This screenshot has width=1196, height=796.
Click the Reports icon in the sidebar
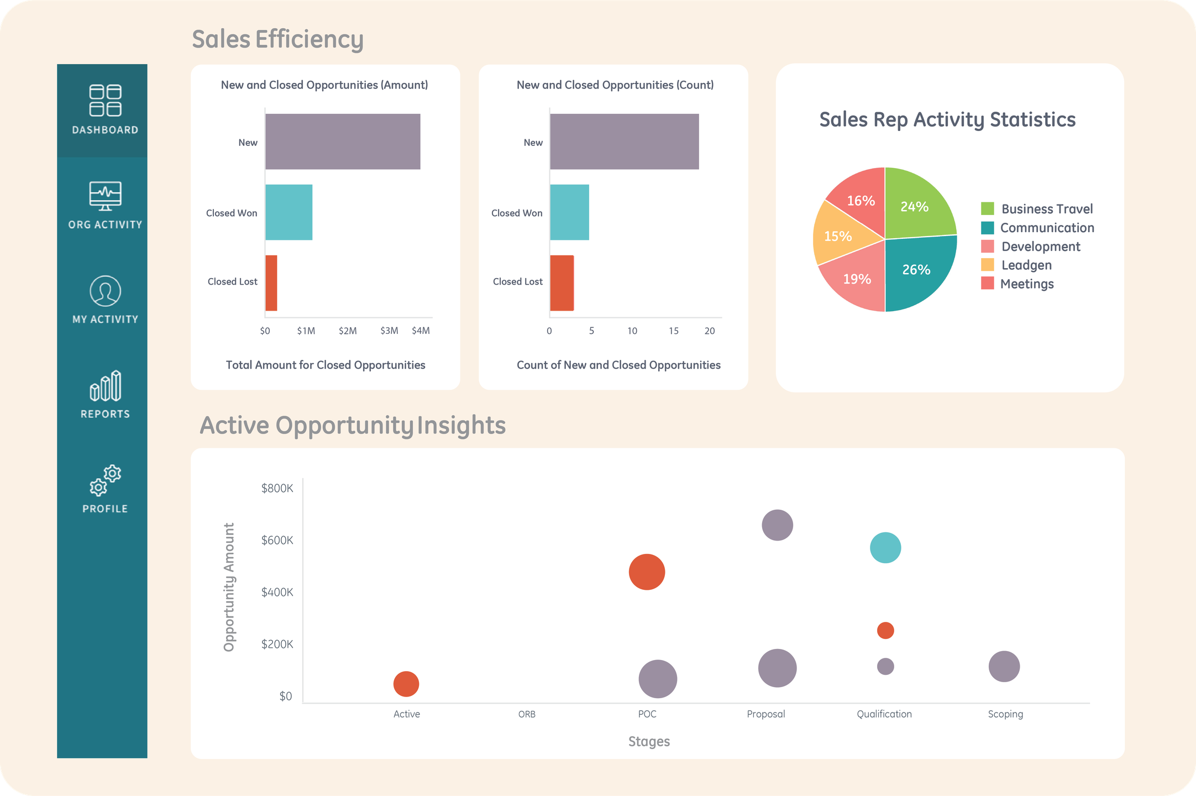click(x=105, y=386)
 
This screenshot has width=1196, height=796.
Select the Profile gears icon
click(x=105, y=480)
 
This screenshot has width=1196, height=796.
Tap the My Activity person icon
click(x=105, y=291)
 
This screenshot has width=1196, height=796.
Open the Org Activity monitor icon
click(x=105, y=196)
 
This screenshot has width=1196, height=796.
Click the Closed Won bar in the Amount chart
click(x=288, y=212)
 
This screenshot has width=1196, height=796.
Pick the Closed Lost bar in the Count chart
click(x=562, y=283)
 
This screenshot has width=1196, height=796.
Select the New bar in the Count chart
click(x=625, y=142)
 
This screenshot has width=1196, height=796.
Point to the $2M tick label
click(x=348, y=331)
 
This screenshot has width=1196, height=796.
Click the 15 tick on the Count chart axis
click(x=673, y=331)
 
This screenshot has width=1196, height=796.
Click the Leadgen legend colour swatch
click(x=987, y=265)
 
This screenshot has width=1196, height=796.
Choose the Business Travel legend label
click(x=1047, y=209)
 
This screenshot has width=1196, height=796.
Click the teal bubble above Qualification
click(x=885, y=548)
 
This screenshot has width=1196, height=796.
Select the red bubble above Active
click(x=406, y=684)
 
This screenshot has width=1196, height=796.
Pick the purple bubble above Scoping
click(x=1004, y=667)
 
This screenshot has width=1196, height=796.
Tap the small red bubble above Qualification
click(x=885, y=630)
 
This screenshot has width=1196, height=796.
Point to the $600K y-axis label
click(x=277, y=540)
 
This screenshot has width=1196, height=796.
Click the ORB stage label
click(x=527, y=714)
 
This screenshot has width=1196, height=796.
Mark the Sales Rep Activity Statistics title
click(x=947, y=120)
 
